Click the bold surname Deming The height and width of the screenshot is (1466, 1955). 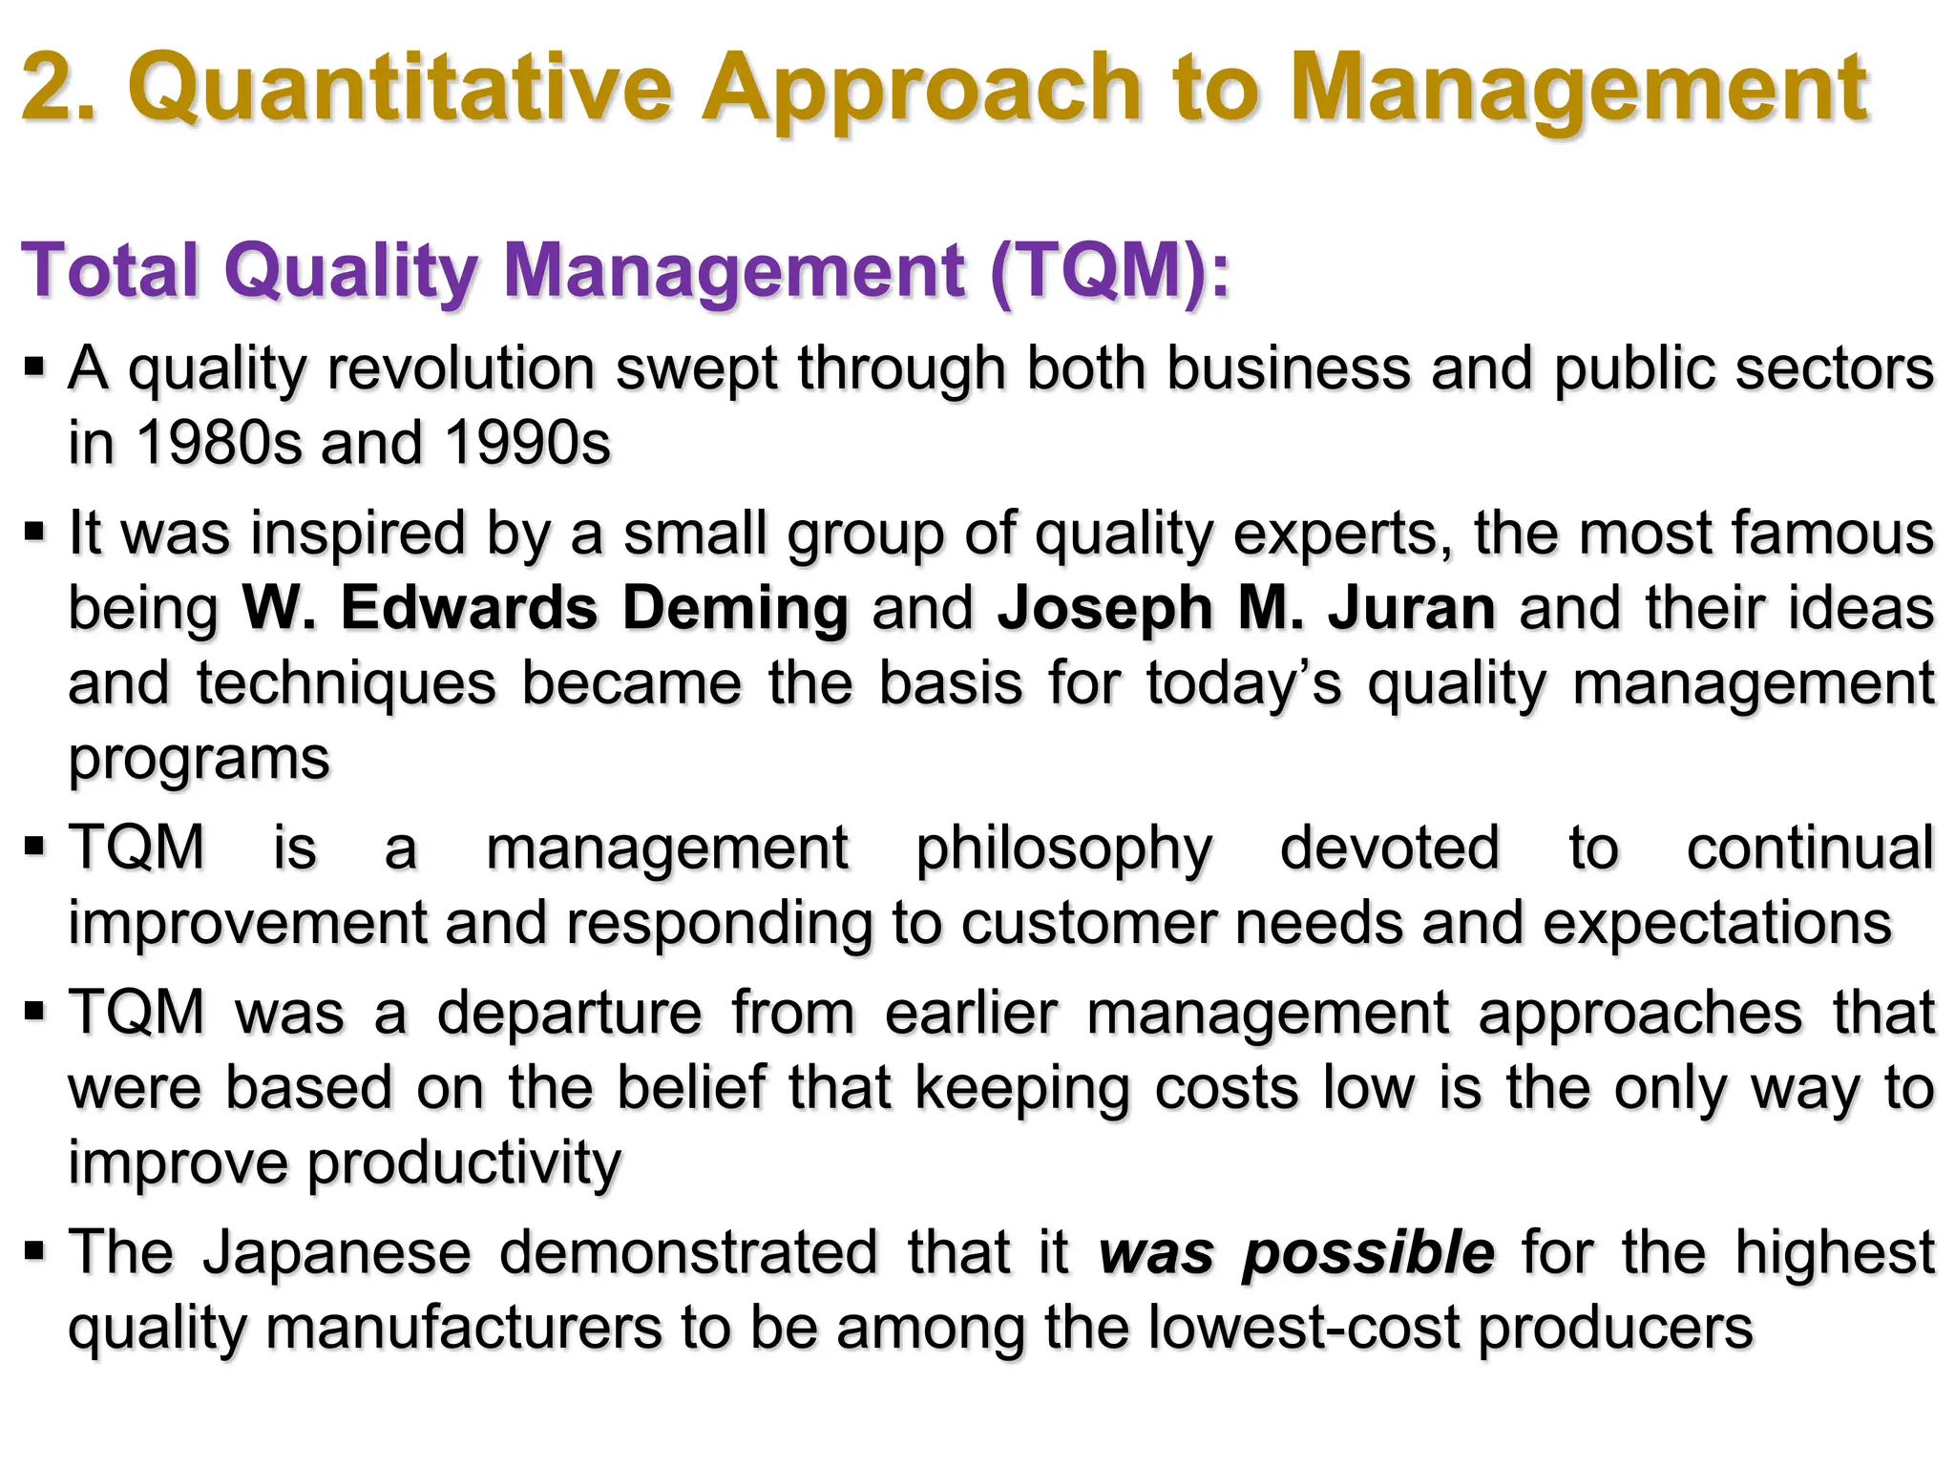click(735, 609)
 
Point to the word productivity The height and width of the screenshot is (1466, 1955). click(464, 1163)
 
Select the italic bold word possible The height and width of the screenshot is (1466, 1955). click(1368, 1254)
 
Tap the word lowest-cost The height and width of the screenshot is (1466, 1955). click(1304, 1328)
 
